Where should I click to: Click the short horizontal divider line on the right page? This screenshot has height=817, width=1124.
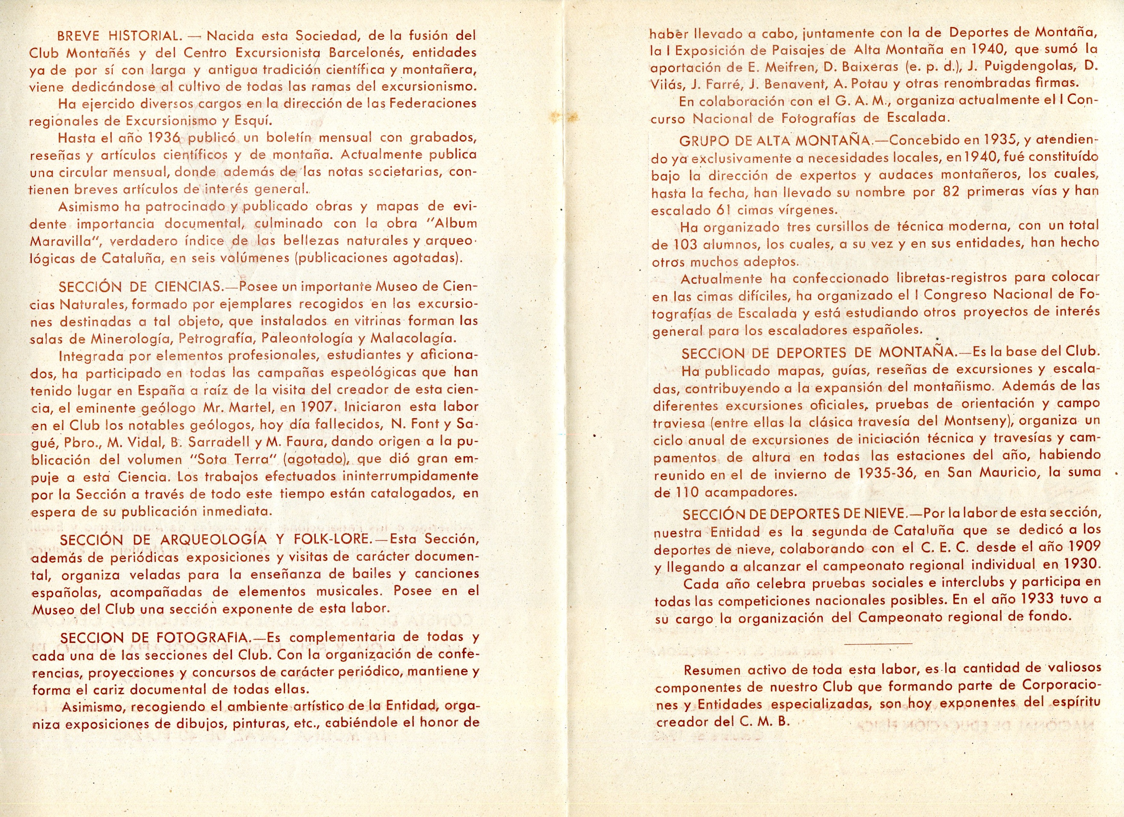[x=878, y=643]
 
